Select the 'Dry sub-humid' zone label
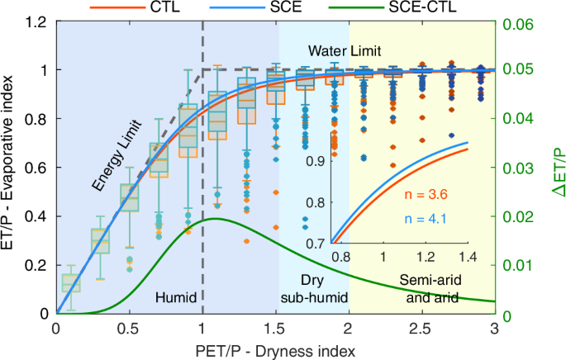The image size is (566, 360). click(314, 289)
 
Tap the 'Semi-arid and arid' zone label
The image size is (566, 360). click(421, 289)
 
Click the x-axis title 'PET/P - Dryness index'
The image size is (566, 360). click(274, 350)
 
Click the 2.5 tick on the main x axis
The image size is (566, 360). click(422, 328)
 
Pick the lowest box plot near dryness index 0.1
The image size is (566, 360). click(71, 282)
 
